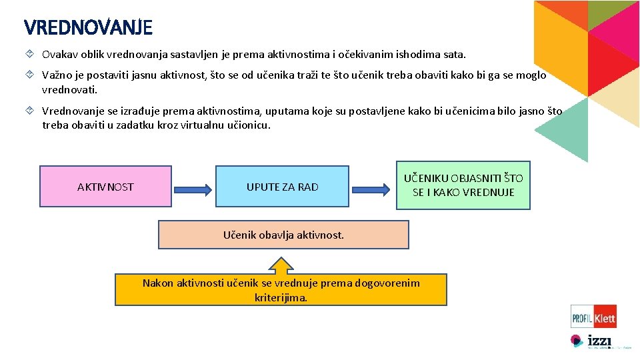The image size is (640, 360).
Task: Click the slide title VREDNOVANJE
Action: pos(88,27)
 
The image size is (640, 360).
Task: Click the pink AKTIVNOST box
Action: pos(105,187)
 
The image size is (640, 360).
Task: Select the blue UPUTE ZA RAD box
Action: pos(282,187)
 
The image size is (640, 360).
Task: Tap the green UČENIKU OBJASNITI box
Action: pos(463,185)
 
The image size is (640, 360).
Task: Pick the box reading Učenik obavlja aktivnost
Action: pos(283,235)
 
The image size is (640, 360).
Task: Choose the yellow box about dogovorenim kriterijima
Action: pos(281,290)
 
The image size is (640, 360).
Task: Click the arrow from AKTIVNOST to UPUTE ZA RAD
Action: pos(193,187)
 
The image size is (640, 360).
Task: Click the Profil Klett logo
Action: pos(593,316)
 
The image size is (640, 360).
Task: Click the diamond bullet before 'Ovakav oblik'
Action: pos(30,54)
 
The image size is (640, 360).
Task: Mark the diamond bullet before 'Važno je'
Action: pos(30,75)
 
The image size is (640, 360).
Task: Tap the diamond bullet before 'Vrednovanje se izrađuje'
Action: pos(30,111)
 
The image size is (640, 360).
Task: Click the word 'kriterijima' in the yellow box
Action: pos(281,298)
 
